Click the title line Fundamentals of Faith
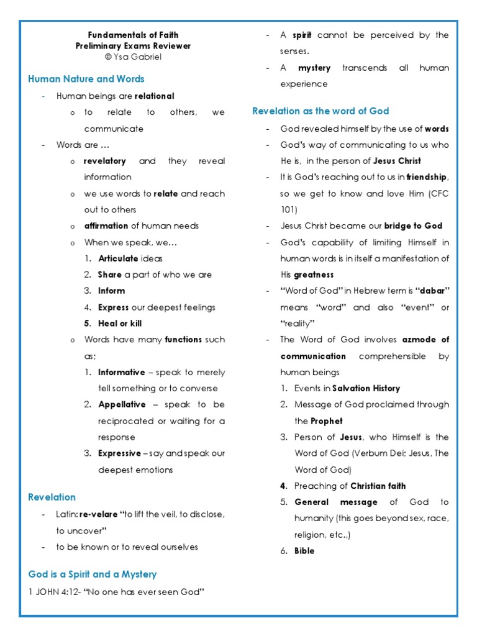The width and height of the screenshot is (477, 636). [133, 35]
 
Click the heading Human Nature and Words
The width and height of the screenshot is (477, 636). [86, 79]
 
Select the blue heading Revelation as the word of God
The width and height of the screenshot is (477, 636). [320, 111]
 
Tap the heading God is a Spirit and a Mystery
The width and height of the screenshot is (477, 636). [93, 575]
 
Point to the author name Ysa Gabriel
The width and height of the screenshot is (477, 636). [137, 57]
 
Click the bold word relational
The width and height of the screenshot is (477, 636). [155, 96]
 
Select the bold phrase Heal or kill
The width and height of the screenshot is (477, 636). [120, 324]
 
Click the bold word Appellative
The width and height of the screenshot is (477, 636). [122, 404]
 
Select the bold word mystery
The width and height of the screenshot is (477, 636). [314, 68]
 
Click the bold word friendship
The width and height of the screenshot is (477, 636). [426, 177]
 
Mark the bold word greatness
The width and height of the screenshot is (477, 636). [314, 275]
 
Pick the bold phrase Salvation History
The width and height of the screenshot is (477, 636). [366, 388]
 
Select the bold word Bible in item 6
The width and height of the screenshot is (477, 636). [304, 551]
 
